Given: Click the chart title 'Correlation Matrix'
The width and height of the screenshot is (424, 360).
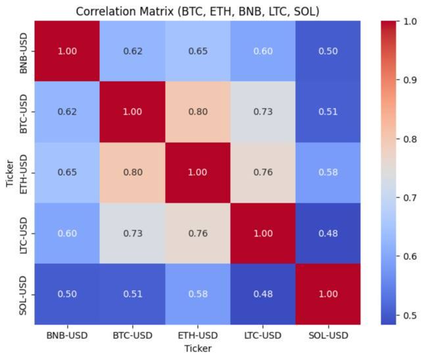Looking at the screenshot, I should coord(197,11).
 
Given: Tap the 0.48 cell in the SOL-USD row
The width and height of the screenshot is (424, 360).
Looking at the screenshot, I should coord(263,294).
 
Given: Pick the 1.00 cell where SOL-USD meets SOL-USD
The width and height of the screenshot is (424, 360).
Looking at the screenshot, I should coord(328,294).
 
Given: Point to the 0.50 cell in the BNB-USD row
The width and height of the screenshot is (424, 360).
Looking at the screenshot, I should coord(328,51).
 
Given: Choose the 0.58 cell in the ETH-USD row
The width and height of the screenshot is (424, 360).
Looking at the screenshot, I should coord(328,172).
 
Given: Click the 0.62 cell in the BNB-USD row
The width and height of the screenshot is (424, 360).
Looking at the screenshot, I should coord(132,51).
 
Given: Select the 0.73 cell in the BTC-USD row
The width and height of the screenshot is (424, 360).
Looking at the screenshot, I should coord(263,112).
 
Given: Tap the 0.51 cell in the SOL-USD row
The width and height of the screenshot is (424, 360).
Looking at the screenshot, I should coord(132,294).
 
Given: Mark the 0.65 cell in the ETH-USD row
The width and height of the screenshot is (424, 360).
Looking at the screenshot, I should coord(67,172).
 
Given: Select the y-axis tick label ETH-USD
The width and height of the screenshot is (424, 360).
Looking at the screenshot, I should coord(24,172).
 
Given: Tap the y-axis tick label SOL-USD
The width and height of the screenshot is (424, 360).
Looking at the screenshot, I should coord(24,294).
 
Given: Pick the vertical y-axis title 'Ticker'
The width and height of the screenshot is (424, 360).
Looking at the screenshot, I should coord(9,172).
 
